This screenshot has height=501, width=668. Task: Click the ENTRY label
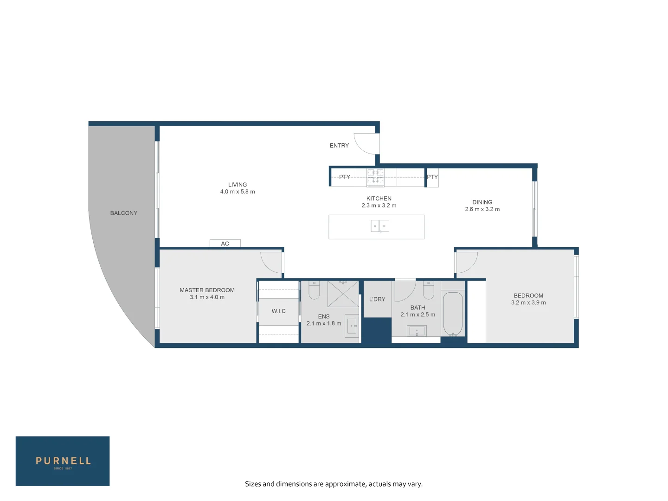pyautogui.click(x=339, y=146)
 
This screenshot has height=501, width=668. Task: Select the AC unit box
pyautogui.click(x=225, y=243)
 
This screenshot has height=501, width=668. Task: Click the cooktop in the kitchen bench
pyautogui.click(x=376, y=177)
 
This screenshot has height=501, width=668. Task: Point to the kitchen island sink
pyautogui.click(x=380, y=226)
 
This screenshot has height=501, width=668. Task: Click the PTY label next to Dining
pyautogui.click(x=432, y=177)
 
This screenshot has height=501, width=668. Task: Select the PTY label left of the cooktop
pyautogui.click(x=345, y=177)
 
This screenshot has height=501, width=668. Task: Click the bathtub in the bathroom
pyautogui.click(x=453, y=314)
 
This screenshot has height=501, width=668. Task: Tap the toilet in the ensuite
pyautogui.click(x=314, y=290)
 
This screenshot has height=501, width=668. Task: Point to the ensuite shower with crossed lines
pyautogui.click(x=343, y=294)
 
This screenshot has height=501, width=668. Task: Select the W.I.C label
pyautogui.click(x=279, y=311)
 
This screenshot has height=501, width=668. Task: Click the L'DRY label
pyautogui.click(x=377, y=299)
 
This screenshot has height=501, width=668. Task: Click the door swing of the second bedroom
pyautogui.click(x=467, y=262)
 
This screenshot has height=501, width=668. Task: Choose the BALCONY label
pyautogui.click(x=124, y=213)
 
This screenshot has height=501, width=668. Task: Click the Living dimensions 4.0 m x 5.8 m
pyautogui.click(x=238, y=192)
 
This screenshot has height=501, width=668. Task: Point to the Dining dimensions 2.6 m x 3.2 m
pyautogui.click(x=482, y=209)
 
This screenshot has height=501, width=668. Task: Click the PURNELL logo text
pyautogui.click(x=63, y=461)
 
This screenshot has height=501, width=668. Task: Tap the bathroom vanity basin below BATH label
pyautogui.click(x=417, y=331)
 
